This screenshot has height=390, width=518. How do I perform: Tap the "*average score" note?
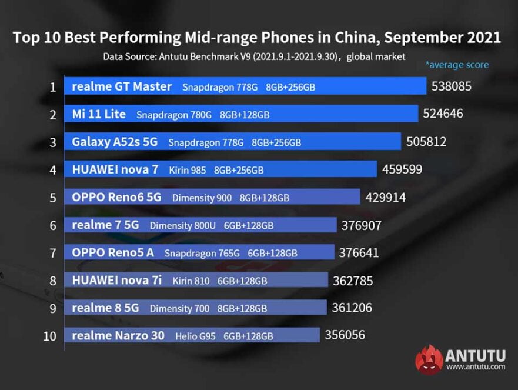tap(457, 65)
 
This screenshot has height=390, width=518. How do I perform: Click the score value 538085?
tap(451, 86)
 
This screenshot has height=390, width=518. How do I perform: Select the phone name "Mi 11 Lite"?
tap(99, 114)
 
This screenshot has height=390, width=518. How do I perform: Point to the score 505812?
tap(426, 142)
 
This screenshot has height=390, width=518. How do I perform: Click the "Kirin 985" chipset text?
tap(188, 170)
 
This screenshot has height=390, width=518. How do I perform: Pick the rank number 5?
tap(53, 198)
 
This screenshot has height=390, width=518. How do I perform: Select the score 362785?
tap(353, 281)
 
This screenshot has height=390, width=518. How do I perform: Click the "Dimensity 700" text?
tap(179, 308)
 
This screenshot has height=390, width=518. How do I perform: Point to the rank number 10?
tap(51, 336)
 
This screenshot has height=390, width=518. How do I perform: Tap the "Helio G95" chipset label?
tap(195, 336)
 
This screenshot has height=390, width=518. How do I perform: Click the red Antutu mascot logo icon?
tap(429, 359)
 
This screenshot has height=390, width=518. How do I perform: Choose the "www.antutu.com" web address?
tap(475, 367)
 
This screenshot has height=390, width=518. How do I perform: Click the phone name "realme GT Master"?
tap(122, 86)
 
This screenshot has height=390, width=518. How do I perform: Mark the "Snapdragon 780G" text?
tap(174, 115)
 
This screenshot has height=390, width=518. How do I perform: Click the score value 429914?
tap(385, 198)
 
